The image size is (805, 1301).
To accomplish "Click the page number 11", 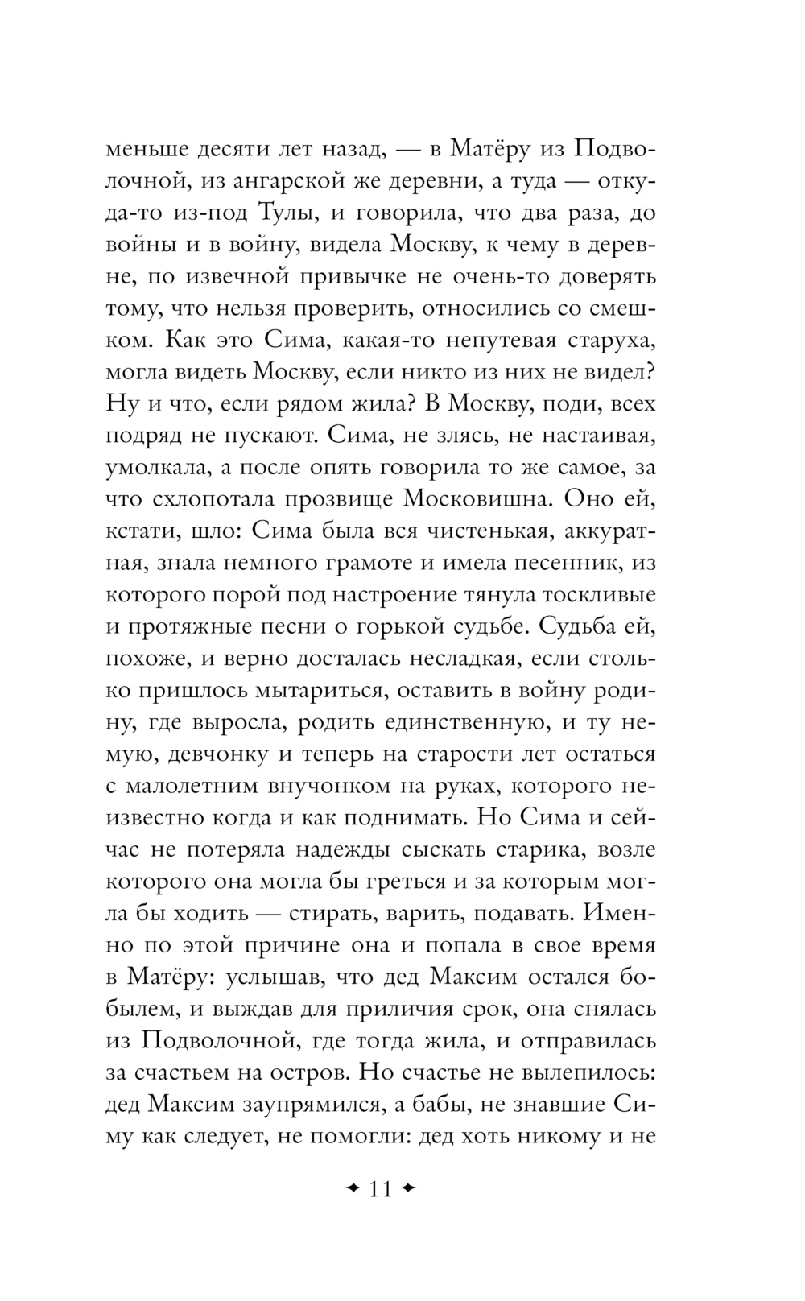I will (x=378, y=1188).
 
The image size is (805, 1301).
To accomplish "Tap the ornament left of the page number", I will (x=351, y=1188).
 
